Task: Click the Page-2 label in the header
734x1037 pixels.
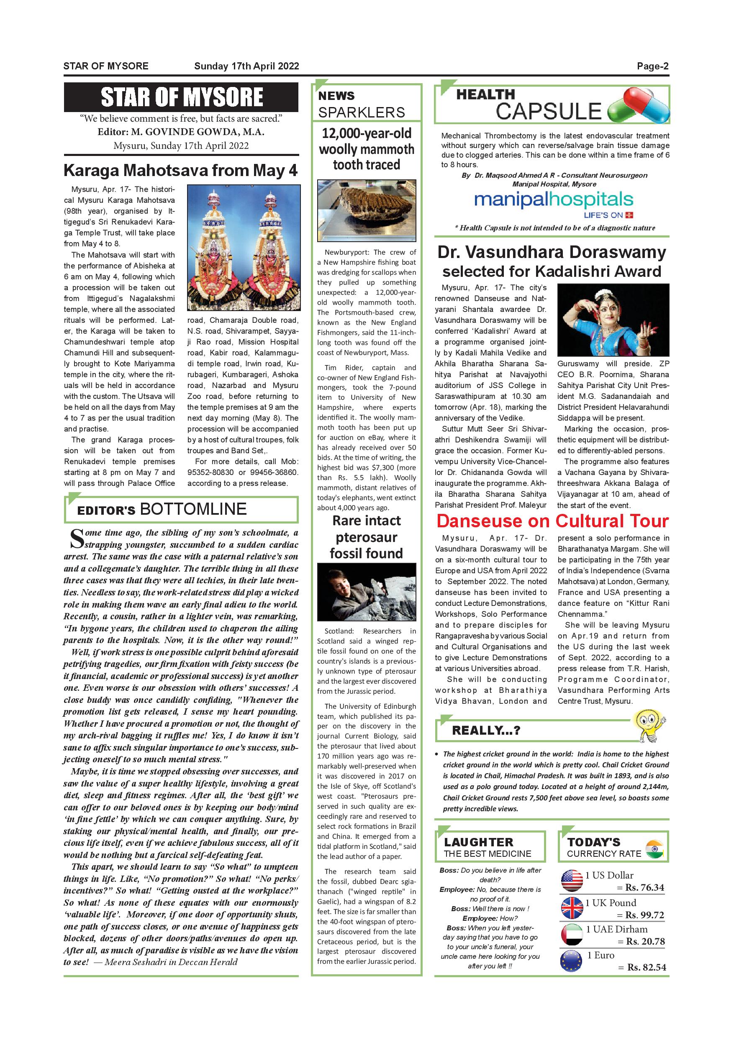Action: click(652, 66)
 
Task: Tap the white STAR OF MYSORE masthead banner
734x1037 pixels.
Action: click(181, 97)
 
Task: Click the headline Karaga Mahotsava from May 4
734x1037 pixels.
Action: click(180, 171)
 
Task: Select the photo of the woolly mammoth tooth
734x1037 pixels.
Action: click(367, 210)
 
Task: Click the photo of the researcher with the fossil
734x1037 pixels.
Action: click(367, 592)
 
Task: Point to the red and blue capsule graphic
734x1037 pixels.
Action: click(638, 107)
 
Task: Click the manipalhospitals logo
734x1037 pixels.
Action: click(554, 200)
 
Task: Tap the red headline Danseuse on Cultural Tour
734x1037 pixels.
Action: click(552, 521)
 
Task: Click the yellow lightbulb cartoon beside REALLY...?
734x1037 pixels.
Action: click(649, 725)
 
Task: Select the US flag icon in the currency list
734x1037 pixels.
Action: click(572, 881)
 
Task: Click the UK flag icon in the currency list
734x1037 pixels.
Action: click(572, 907)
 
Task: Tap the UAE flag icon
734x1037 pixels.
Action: click(572, 935)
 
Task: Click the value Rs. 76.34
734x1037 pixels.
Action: click(644, 887)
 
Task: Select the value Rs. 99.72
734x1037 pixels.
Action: click(644, 915)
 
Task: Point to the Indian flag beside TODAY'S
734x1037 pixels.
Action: click(654, 849)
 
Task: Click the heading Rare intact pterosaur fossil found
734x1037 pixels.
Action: click(367, 537)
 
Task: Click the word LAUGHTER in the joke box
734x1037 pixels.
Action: click(479, 842)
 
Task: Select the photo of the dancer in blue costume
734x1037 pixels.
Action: click(613, 320)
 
